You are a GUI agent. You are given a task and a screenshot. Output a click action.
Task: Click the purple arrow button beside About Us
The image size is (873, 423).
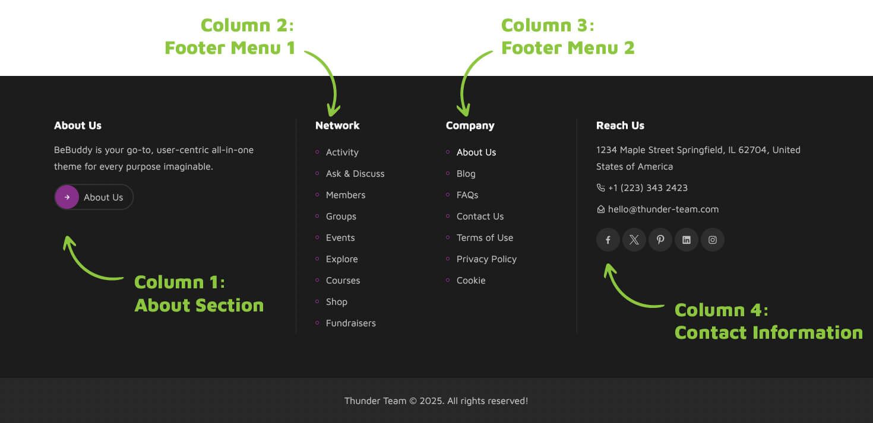coord(67,197)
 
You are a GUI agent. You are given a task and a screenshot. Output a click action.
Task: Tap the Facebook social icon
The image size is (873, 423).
coord(608,240)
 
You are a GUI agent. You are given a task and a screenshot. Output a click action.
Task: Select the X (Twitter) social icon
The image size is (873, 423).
coord(634,240)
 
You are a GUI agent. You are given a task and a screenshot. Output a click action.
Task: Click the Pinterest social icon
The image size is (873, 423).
coord(660,240)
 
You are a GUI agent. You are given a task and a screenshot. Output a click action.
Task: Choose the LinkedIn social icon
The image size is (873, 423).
coord(687,240)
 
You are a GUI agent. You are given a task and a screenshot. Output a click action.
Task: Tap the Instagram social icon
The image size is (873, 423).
coord(713,240)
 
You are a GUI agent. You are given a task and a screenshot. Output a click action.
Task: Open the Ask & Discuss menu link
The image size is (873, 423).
coord(355,174)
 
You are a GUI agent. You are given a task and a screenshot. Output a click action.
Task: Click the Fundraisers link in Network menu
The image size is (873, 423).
coord(350,323)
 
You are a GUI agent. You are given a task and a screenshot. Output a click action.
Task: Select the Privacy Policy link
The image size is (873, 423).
coord(486,259)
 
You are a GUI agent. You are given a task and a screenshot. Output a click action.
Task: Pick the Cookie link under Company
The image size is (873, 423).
coord(471,281)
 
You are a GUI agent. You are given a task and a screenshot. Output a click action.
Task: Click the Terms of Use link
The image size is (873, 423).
coord(485,238)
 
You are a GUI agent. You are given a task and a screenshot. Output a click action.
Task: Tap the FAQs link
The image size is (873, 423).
coord(467,195)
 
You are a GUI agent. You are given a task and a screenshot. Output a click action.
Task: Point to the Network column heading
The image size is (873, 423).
coord(337,126)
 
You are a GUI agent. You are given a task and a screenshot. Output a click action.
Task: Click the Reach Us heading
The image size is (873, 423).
coord(620,126)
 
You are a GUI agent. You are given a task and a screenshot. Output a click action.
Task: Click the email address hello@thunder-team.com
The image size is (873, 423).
coord(663,209)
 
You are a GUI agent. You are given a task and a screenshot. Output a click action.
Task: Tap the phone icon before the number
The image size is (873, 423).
coord(600,188)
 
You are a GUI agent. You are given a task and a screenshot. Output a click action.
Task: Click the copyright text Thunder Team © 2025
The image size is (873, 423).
coord(436,401)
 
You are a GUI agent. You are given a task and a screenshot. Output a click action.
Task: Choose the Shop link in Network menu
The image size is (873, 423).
coord(336,302)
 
